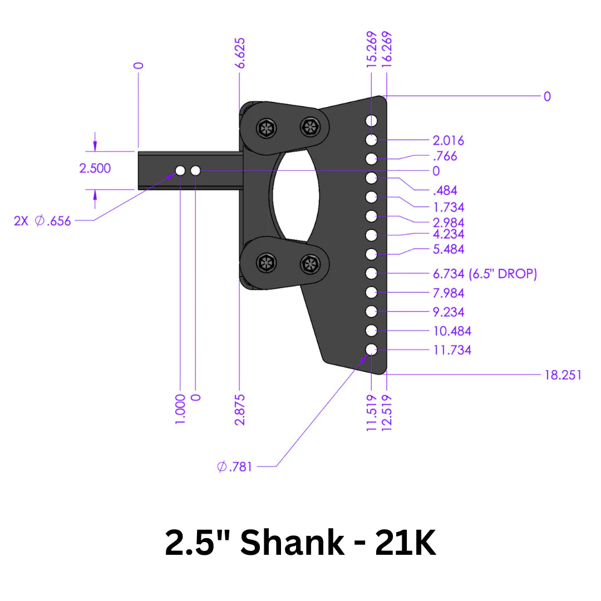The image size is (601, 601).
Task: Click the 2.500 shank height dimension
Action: pos(95,168)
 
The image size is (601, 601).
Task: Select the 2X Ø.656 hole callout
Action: pos(43,221)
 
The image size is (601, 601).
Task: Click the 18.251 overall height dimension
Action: pos(563,375)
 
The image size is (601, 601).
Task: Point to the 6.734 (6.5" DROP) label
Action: pos(485,274)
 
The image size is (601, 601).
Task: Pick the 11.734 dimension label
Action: pos(452,350)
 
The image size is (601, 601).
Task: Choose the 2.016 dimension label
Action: pos(448,141)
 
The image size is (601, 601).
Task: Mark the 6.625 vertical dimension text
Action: pos(240,53)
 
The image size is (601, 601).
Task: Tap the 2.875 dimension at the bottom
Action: pos(240,410)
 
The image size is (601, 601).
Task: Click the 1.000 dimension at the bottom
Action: pos(180,410)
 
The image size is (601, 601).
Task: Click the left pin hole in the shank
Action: pos(180,170)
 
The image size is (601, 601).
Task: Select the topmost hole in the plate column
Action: pos(372,120)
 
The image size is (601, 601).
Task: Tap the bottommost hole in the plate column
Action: pos(372,349)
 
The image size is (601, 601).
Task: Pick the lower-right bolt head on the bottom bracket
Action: pos(309,264)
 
